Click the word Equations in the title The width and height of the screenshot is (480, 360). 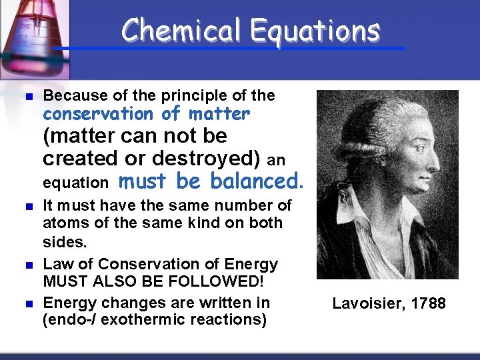(x=315, y=31)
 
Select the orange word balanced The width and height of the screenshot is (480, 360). (x=257, y=181)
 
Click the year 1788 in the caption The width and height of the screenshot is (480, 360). (x=428, y=304)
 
